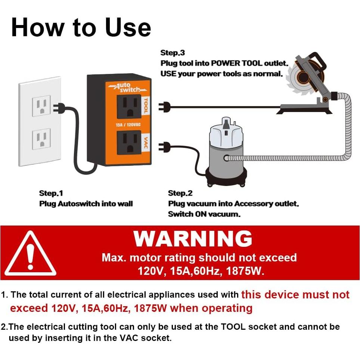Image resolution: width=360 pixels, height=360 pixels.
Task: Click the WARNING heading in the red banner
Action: (x=193, y=239)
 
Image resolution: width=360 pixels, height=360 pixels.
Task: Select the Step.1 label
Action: (x=51, y=193)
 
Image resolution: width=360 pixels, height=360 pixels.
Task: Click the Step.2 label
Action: (x=180, y=193)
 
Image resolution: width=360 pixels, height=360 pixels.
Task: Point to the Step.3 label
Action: (x=173, y=53)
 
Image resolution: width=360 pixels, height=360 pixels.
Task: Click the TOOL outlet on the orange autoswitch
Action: (x=129, y=106)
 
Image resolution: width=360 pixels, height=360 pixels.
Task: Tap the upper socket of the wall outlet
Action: (x=41, y=107)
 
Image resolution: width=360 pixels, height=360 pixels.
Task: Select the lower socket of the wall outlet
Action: (x=41, y=139)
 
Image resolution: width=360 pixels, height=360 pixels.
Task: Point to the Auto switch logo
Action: (x=124, y=88)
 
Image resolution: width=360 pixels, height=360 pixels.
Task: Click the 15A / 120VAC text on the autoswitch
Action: (x=128, y=125)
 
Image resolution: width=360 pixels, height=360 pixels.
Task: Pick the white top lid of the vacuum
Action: (x=226, y=133)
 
